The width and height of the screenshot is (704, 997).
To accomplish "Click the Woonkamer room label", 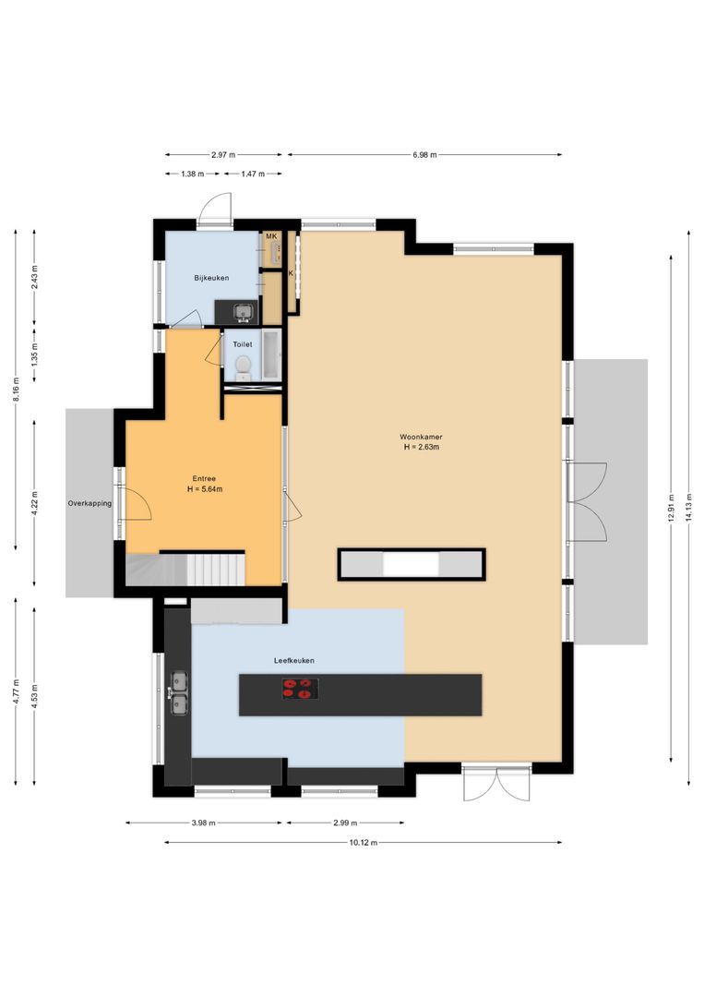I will [x=419, y=436].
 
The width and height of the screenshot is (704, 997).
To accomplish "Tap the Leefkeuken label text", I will [x=294, y=661].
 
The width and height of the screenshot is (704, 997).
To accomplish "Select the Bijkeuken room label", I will [x=211, y=278].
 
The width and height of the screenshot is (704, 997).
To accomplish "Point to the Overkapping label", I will [x=89, y=504].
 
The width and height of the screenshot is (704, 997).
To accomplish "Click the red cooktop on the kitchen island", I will [x=301, y=689].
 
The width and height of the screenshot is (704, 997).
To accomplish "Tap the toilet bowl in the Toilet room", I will [x=242, y=368].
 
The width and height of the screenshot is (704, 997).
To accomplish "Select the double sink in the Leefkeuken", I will [x=177, y=693].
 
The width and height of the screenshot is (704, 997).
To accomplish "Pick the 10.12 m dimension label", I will [x=363, y=843].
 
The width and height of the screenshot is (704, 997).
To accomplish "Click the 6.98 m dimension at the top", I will [x=424, y=155].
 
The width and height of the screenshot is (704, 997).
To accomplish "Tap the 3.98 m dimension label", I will [x=204, y=823].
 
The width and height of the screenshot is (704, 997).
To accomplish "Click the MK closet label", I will [x=271, y=237].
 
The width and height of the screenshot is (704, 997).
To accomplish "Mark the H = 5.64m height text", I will [x=204, y=489].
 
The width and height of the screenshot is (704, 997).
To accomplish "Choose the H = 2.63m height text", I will [x=420, y=448].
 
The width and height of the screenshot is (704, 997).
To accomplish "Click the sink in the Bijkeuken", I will [x=244, y=312].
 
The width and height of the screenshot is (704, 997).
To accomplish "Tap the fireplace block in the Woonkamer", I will [x=411, y=564].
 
